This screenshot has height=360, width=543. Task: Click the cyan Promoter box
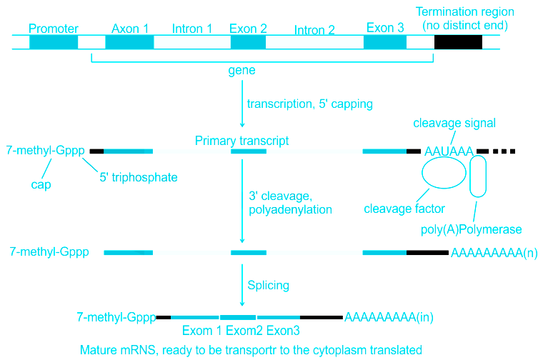(54, 41)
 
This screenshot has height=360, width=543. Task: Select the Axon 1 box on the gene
(129, 41)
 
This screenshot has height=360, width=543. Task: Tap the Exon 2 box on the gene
(248, 41)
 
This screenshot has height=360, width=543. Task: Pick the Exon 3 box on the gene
(385, 41)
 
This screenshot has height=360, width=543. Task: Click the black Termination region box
(458, 41)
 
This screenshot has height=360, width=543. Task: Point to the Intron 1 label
(192, 29)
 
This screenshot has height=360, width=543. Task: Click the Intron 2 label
(314, 30)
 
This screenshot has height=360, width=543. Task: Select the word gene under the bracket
(241, 71)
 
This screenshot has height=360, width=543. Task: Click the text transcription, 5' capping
(310, 104)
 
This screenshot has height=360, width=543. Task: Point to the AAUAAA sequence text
(449, 151)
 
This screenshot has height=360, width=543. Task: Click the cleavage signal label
(454, 123)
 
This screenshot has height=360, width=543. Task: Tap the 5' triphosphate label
(139, 176)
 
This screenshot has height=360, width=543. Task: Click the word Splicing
(268, 285)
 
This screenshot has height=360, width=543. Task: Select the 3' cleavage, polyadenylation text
(290, 202)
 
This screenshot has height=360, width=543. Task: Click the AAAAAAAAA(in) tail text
(389, 316)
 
